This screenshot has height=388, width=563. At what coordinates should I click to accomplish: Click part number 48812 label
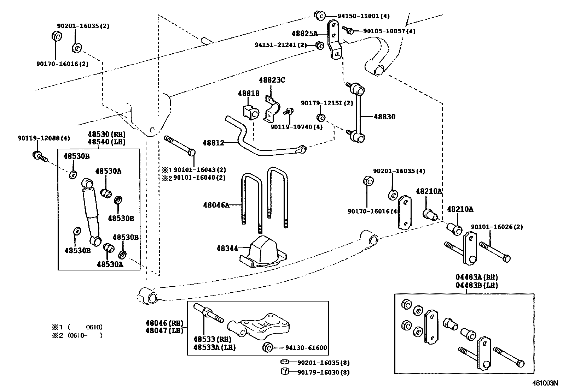click(213, 143)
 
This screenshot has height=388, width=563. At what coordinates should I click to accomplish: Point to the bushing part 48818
click(250, 112)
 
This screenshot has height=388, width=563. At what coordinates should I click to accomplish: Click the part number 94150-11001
click(363, 16)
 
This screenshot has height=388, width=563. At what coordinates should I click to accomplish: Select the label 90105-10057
click(389, 31)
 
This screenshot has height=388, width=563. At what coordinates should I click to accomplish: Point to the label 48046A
click(216, 205)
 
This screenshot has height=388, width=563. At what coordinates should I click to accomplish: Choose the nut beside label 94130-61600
click(268, 347)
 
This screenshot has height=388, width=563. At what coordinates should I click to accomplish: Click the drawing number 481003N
click(545, 383)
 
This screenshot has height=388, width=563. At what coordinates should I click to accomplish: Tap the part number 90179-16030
click(323, 372)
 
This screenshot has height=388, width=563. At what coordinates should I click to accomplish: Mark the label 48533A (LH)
click(214, 347)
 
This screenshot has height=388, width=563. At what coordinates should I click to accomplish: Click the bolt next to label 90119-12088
click(39, 156)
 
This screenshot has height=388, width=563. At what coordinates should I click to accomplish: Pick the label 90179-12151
click(326, 103)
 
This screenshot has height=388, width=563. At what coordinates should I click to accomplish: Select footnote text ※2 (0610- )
click(77, 335)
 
